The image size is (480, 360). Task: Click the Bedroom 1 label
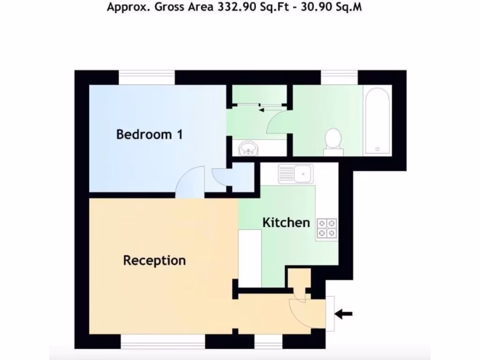(149, 135)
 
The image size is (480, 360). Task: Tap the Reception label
(154, 260)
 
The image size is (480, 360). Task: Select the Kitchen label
(286, 222)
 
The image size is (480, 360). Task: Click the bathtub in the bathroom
(377, 122)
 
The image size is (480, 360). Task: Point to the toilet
(333, 140)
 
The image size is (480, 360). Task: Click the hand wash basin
(247, 149)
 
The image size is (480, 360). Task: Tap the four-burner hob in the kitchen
(326, 228)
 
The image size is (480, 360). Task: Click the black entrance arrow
(344, 314)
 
